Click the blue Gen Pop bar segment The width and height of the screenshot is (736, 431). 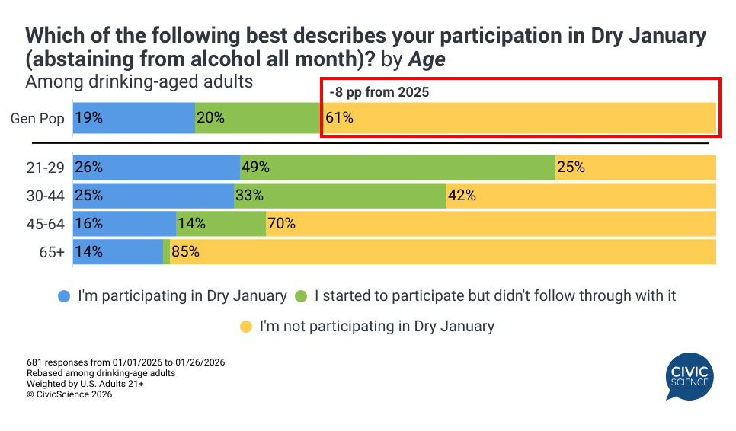pos(133,118)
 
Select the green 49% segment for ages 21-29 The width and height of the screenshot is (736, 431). pos(397,167)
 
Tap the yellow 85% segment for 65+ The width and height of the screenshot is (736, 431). pos(443,251)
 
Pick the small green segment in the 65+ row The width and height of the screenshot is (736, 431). pos(166,251)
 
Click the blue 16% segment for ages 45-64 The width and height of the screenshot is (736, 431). pos(124,224)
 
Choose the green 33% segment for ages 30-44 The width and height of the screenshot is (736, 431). pos(339,195)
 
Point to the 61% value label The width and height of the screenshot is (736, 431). pos(339,118)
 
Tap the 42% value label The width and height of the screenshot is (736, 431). pos(462,195)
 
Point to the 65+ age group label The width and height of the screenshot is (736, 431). pos(51,252)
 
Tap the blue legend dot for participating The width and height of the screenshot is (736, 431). pos(64,295)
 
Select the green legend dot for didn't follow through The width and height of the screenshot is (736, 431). pos(301,295)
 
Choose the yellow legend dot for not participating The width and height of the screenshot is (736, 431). pos(246,327)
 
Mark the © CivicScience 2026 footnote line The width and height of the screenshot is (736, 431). pos(69,394)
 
